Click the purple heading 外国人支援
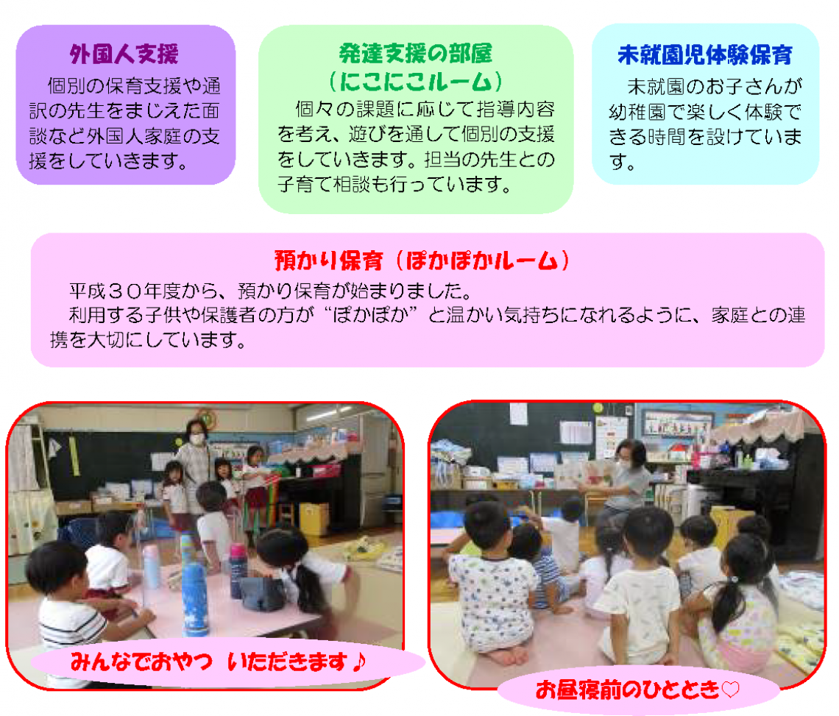[124, 54]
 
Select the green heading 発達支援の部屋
[416, 54]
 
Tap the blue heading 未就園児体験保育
[705, 54]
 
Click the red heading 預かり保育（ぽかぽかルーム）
[422, 260]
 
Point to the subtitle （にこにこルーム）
[416, 82]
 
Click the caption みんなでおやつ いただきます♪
[219, 662]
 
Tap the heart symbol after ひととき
[731, 690]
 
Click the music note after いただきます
[359, 662]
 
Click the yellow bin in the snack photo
[314, 519]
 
